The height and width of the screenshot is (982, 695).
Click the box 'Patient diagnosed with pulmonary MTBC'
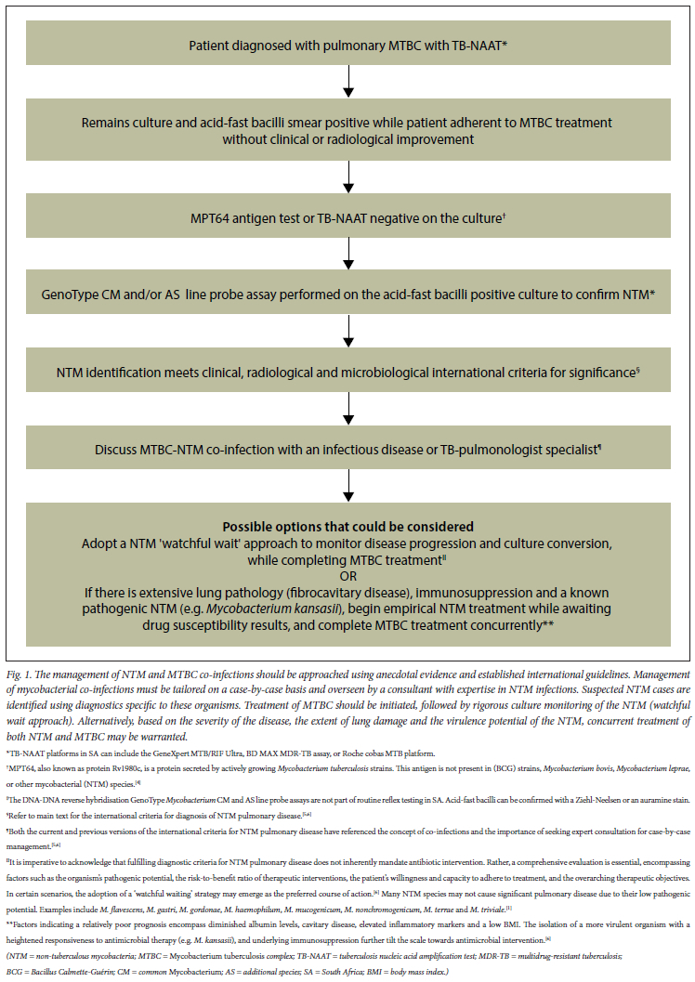pyautogui.click(x=347, y=45)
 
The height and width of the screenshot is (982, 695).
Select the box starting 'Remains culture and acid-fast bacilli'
pyautogui.click(x=347, y=131)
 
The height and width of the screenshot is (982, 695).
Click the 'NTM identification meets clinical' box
pyautogui.click(x=347, y=372)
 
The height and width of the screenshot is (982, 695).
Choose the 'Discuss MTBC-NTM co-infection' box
pyautogui.click(x=347, y=450)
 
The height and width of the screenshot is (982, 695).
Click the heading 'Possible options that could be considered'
pyautogui.click(x=347, y=526)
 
